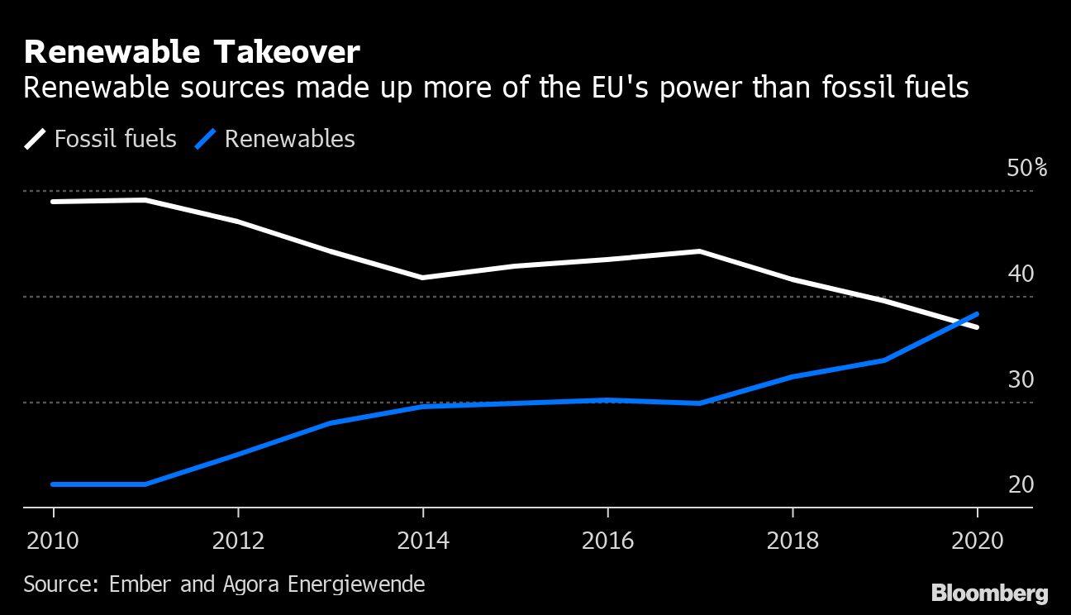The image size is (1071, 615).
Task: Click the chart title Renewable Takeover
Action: click(192, 53)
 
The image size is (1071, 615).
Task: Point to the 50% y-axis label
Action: click(1027, 169)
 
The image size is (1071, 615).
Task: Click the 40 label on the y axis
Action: click(1021, 274)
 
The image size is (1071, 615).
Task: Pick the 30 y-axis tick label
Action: click(1021, 379)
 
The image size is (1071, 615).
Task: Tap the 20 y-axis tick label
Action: click(1021, 484)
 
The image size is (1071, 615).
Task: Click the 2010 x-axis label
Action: click(53, 541)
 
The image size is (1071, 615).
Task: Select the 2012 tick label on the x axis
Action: click(238, 541)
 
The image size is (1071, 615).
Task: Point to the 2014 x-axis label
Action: click(423, 541)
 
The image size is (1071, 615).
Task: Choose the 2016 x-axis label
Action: click(607, 541)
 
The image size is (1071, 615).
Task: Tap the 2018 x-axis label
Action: click(793, 541)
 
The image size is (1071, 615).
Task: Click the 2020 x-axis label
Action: click(977, 541)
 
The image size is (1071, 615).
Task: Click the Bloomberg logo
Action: click(990, 593)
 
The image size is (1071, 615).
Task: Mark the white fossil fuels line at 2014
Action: click(423, 278)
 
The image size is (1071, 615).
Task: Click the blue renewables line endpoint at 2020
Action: click(978, 314)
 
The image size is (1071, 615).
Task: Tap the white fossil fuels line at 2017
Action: click(700, 250)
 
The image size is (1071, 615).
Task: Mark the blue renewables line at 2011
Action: click(145, 484)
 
